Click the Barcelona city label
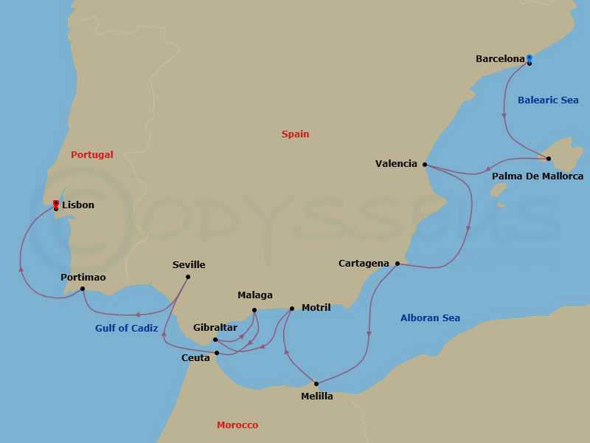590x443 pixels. (x=500, y=58)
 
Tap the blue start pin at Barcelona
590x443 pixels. (x=529, y=58)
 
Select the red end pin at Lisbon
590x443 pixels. (x=56, y=203)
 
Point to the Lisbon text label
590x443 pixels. (x=78, y=205)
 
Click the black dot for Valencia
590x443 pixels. (x=425, y=165)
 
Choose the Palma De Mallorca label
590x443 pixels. (x=538, y=176)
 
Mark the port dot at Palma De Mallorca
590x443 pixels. (x=549, y=159)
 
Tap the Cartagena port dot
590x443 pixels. (x=398, y=264)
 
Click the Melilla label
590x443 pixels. (x=317, y=396)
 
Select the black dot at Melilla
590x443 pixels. (x=316, y=383)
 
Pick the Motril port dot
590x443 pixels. (x=292, y=309)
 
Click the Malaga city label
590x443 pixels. (x=255, y=295)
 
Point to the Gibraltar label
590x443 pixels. (x=215, y=327)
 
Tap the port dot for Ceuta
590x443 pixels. (x=217, y=353)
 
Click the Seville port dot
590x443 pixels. (x=188, y=277)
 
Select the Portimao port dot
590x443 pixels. (x=83, y=289)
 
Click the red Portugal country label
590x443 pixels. (x=92, y=154)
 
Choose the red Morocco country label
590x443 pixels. (x=237, y=425)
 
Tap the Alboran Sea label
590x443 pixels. (x=430, y=318)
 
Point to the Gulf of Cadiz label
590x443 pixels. (x=127, y=328)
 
